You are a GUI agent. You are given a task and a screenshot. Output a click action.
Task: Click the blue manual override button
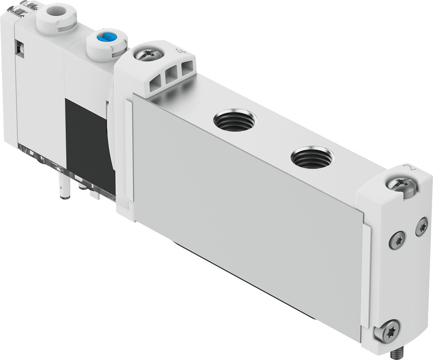point(105,39)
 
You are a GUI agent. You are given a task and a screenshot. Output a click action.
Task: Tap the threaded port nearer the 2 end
point(312,157)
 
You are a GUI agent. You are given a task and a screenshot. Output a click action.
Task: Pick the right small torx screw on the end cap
point(421,227)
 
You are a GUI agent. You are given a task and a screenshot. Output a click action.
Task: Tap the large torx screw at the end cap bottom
point(387,331)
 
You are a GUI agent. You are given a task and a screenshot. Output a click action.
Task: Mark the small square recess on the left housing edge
point(19,48)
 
